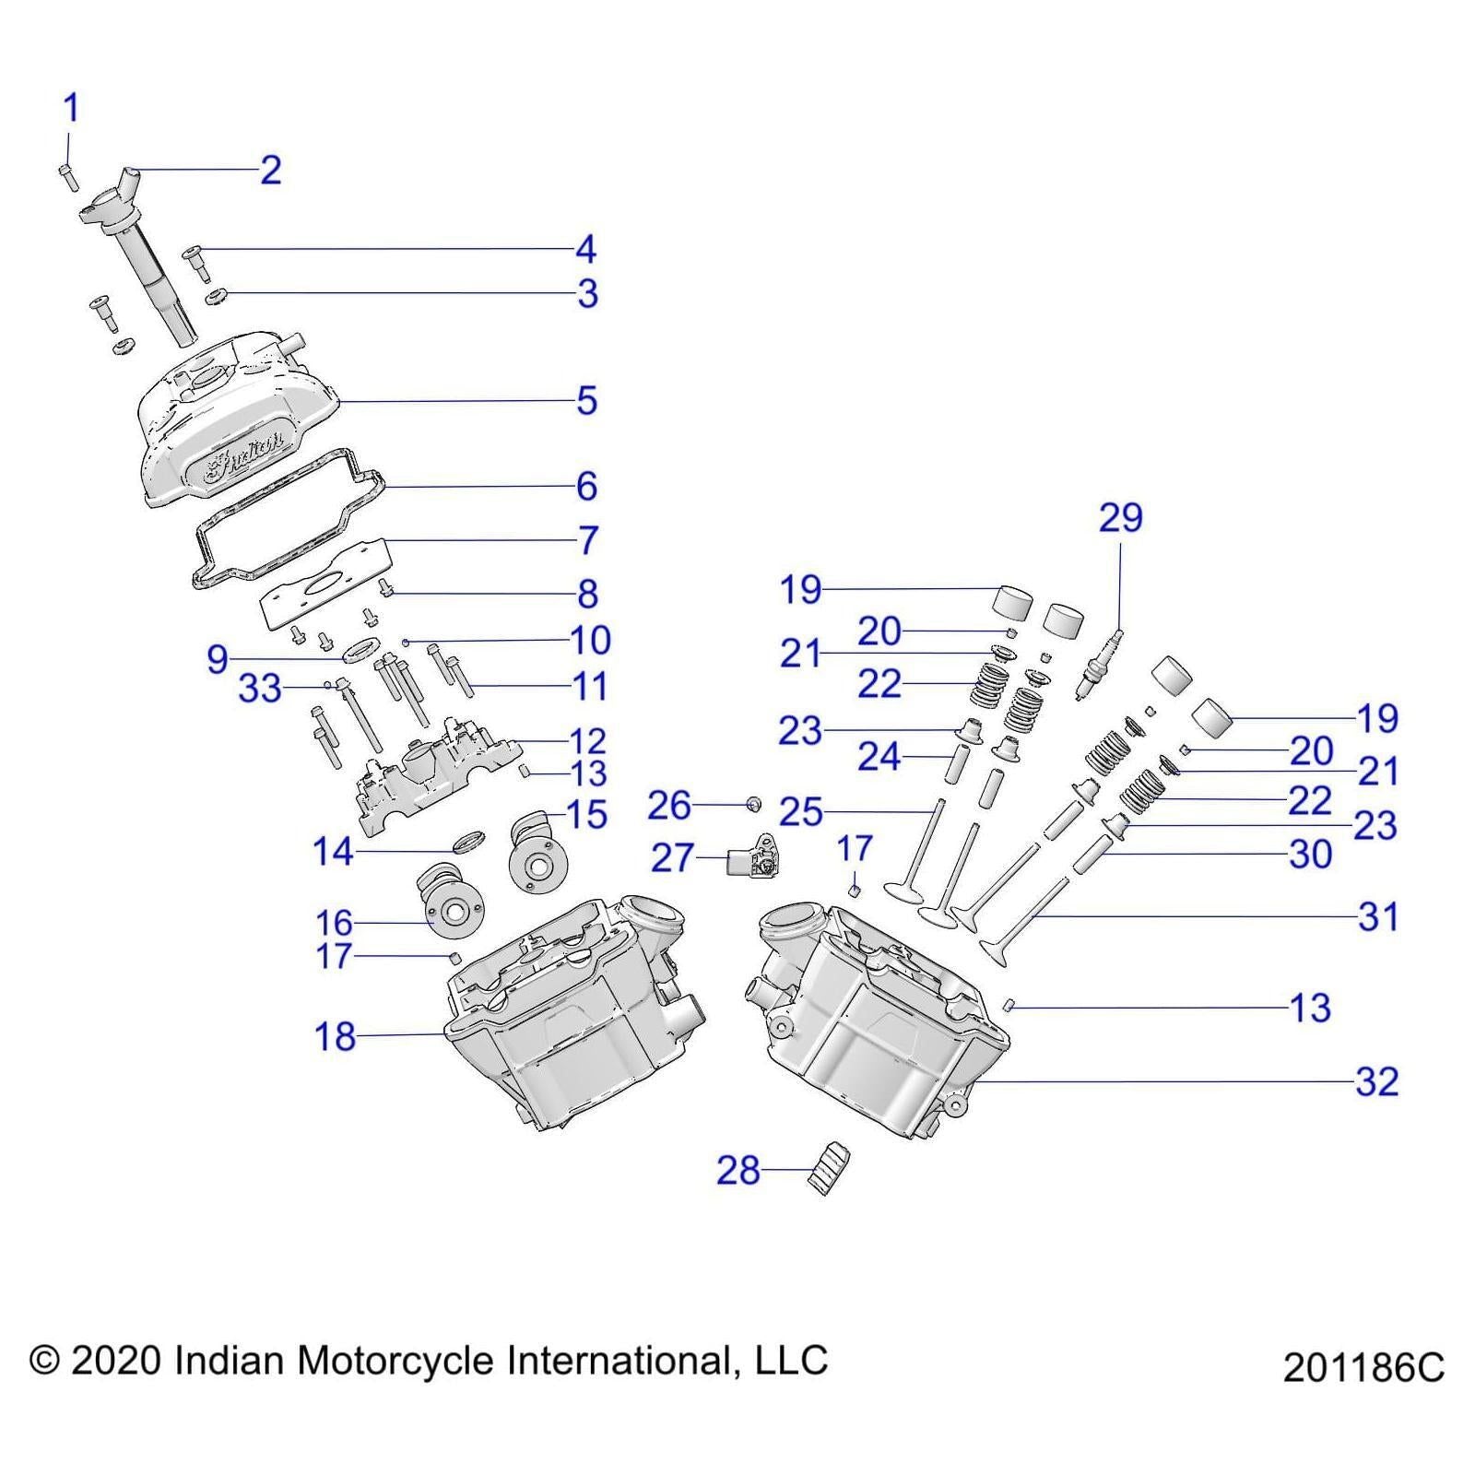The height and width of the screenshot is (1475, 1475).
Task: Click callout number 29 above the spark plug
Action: click(x=1120, y=518)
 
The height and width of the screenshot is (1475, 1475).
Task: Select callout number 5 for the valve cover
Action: click(x=587, y=401)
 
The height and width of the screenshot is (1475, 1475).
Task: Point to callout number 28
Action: click(x=738, y=1171)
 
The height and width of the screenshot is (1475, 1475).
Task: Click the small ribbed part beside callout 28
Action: click(x=829, y=1168)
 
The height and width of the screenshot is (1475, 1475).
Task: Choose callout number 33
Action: click(x=259, y=688)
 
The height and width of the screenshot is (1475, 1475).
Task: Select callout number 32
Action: click(x=1376, y=1081)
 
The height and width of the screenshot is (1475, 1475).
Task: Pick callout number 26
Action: click(x=669, y=805)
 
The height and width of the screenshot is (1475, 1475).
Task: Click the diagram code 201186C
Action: click(x=1363, y=1369)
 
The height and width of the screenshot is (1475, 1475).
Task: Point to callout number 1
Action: click(x=71, y=109)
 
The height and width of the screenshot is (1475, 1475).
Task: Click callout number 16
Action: click(x=335, y=922)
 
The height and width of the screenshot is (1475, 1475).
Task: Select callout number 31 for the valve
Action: click(x=1378, y=916)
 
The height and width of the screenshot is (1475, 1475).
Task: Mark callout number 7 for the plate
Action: click(x=587, y=540)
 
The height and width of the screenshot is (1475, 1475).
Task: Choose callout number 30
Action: click(x=1310, y=855)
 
